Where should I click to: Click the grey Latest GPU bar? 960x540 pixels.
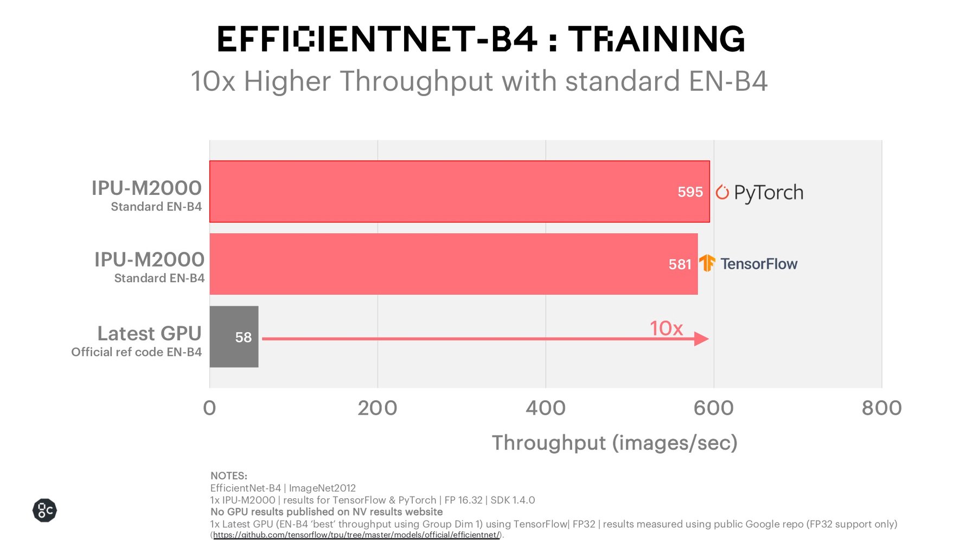click(234, 336)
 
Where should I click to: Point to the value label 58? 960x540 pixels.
click(244, 337)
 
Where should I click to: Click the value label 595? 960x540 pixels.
click(690, 192)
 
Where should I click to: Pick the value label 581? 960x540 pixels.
click(680, 264)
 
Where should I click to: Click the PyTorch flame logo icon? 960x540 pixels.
click(722, 192)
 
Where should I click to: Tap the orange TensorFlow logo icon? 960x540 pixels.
click(707, 263)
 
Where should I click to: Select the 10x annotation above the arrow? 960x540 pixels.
click(666, 328)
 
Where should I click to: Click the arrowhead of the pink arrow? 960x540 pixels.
click(701, 339)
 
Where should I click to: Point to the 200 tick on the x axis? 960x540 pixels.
click(377, 408)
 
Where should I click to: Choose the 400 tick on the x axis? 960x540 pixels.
click(546, 408)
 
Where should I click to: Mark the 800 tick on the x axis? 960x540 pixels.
click(881, 408)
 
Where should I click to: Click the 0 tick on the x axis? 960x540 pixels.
click(209, 408)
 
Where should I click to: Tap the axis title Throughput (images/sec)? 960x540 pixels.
click(615, 443)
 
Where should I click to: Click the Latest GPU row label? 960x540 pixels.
click(149, 333)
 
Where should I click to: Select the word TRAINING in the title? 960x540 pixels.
click(656, 39)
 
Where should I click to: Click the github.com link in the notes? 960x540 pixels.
click(356, 535)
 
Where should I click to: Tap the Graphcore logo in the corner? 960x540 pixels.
click(44, 510)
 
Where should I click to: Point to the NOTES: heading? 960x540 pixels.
click(229, 476)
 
